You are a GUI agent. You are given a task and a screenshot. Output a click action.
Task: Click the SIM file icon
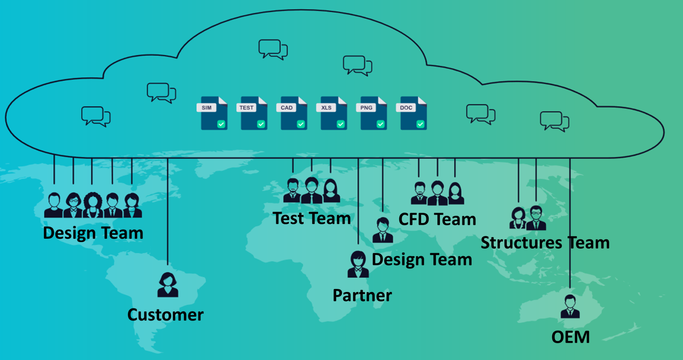pos(214,113)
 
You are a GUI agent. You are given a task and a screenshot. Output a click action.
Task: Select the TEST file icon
pos(254,113)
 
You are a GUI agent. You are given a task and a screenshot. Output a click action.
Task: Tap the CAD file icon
pos(294,113)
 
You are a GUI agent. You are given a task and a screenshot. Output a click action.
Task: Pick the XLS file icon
pos(333,113)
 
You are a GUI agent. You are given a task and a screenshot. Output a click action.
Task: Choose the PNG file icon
pos(374,113)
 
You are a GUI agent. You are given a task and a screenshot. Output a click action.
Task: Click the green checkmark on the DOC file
pos(420,124)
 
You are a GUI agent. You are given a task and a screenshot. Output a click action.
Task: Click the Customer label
pos(165,315)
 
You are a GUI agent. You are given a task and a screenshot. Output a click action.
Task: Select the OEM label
pos(571,337)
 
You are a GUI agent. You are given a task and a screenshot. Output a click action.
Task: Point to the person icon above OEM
pos(570,307)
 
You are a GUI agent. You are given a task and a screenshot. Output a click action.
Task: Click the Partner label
pos(362,295)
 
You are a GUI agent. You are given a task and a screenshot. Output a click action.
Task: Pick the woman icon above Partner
pos(358,264)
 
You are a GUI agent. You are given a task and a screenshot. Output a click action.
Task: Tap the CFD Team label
pos(437,219)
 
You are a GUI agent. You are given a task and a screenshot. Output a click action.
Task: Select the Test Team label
pos(312,218)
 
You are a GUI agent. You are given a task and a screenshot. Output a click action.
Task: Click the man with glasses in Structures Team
pos(536,218)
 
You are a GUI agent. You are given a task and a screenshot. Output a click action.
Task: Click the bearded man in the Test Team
pos(292,191)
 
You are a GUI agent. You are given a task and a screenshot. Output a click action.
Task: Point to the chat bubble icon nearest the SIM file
pos(161,93)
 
